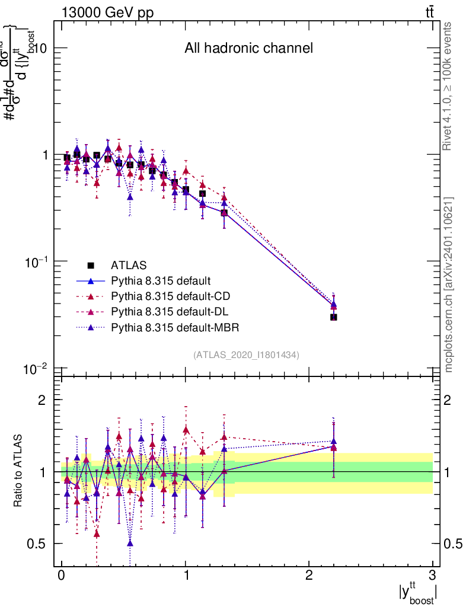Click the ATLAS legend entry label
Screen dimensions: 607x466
pyautogui.click(x=129, y=265)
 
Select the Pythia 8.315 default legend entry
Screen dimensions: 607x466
pyautogui.click(x=161, y=280)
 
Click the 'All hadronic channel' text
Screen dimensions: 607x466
pyautogui.click(x=248, y=48)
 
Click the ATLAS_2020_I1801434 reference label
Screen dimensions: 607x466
pyautogui.click(x=246, y=354)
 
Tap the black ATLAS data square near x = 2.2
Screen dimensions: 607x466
pyautogui.click(x=334, y=317)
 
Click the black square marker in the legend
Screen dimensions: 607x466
pyautogui.click(x=91, y=265)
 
